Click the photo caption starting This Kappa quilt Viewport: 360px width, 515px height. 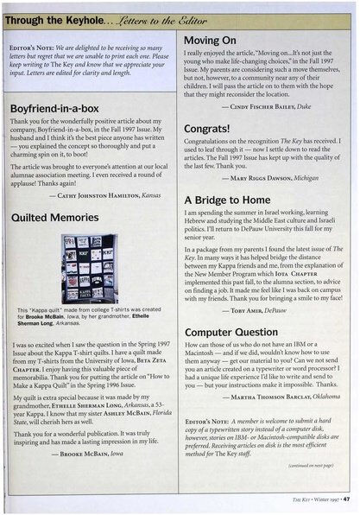click(x=91, y=313)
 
